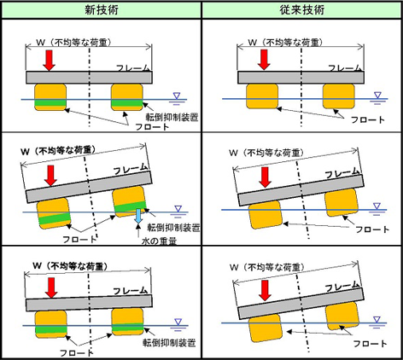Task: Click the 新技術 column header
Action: [x=102, y=10]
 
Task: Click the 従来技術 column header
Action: [x=302, y=10]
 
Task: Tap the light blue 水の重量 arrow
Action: [x=138, y=216]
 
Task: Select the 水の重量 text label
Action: [x=160, y=241]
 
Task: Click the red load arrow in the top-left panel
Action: [x=50, y=61]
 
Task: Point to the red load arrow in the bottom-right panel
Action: [x=265, y=290]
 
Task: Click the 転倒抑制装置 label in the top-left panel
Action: [x=172, y=117]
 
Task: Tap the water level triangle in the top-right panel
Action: [x=377, y=95]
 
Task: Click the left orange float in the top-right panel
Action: [x=262, y=96]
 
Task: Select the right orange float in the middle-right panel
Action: [x=342, y=204]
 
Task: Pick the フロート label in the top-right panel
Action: [x=368, y=119]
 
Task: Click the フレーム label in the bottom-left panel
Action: [x=131, y=291]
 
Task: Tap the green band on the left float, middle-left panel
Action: [x=55, y=218]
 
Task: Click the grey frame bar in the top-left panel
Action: [x=89, y=78]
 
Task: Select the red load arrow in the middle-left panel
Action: [x=51, y=176]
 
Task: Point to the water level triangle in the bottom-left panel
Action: [x=178, y=322]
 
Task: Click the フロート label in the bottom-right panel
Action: [x=370, y=344]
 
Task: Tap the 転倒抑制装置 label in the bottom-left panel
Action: [x=169, y=343]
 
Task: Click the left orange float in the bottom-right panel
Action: [x=266, y=328]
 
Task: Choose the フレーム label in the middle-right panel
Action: [x=342, y=173]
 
